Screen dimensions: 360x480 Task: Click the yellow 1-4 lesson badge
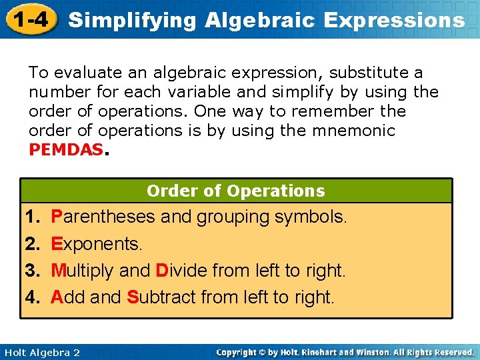point(29,19)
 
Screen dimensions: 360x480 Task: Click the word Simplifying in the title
point(133,20)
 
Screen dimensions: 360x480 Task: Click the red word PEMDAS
point(66,149)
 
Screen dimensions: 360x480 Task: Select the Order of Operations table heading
point(236,191)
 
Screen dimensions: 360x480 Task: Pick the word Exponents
point(97,244)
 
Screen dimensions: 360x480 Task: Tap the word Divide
point(181,271)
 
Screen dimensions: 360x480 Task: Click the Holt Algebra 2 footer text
point(41,352)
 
